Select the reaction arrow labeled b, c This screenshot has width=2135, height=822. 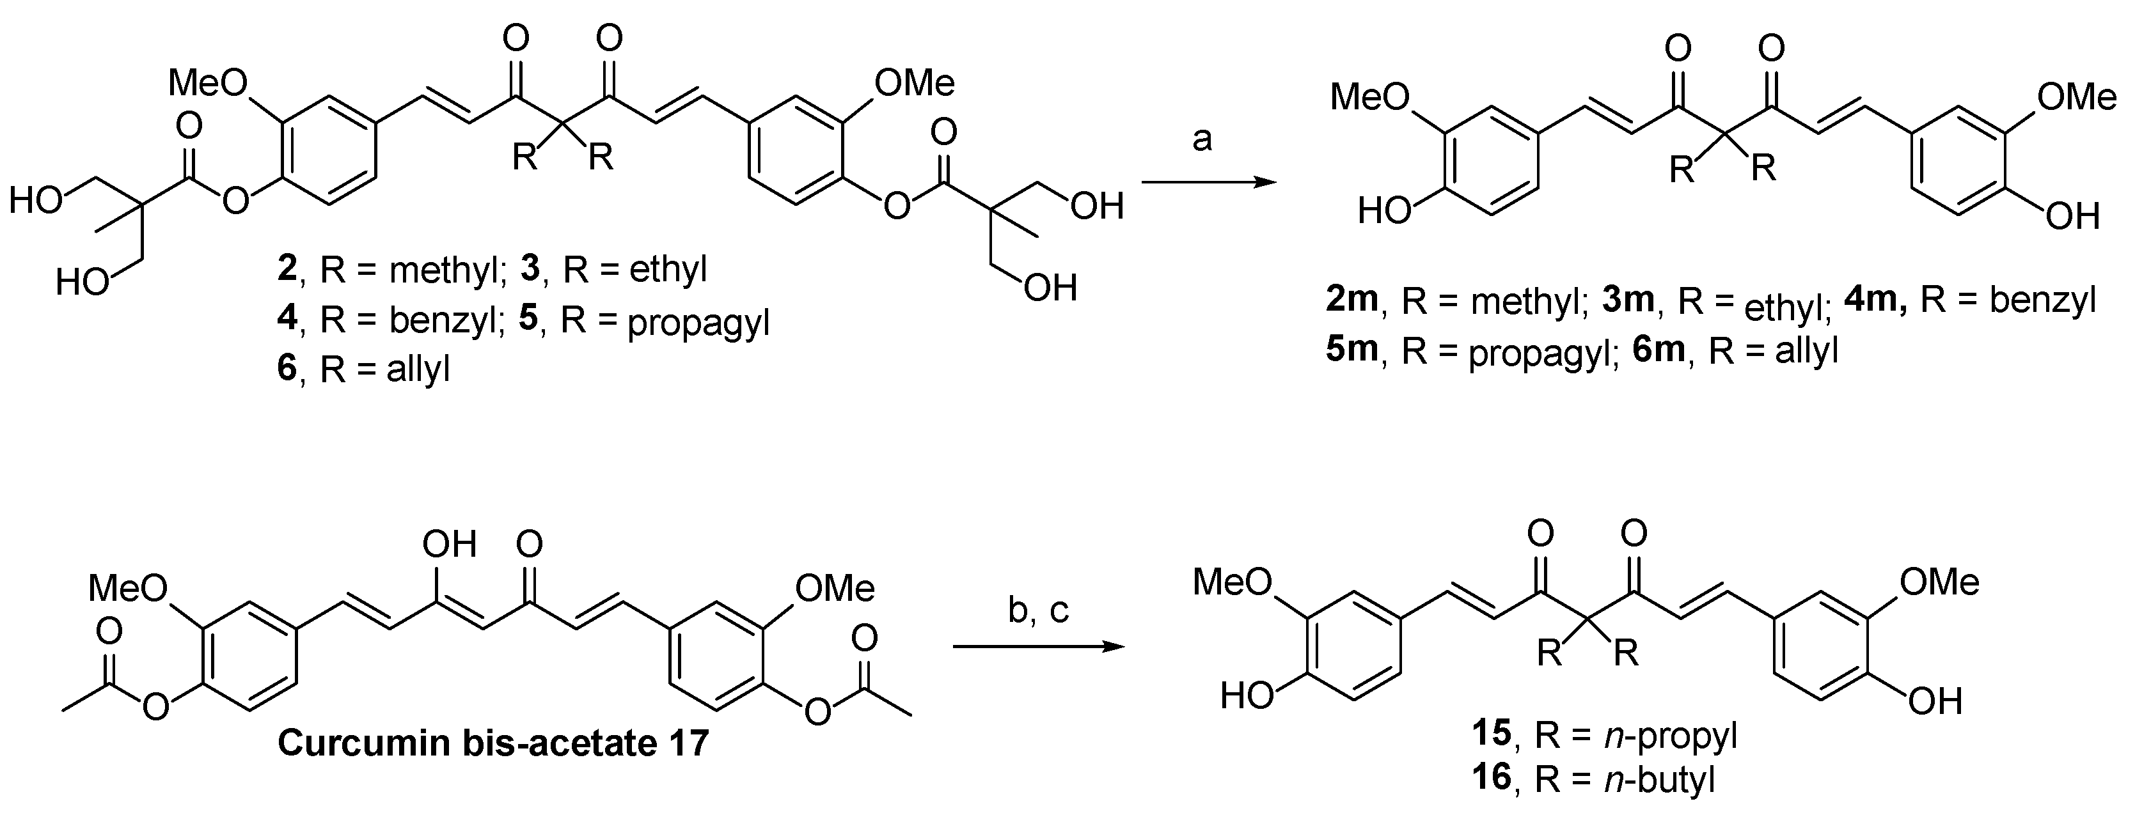coord(1039,646)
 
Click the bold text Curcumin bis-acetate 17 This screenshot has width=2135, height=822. coord(493,743)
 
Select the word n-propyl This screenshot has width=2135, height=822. coord(1671,736)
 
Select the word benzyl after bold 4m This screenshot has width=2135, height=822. coord(2043,300)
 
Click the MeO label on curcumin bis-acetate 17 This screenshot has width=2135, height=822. coord(129,589)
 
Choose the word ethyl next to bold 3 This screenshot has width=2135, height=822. coord(668,270)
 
